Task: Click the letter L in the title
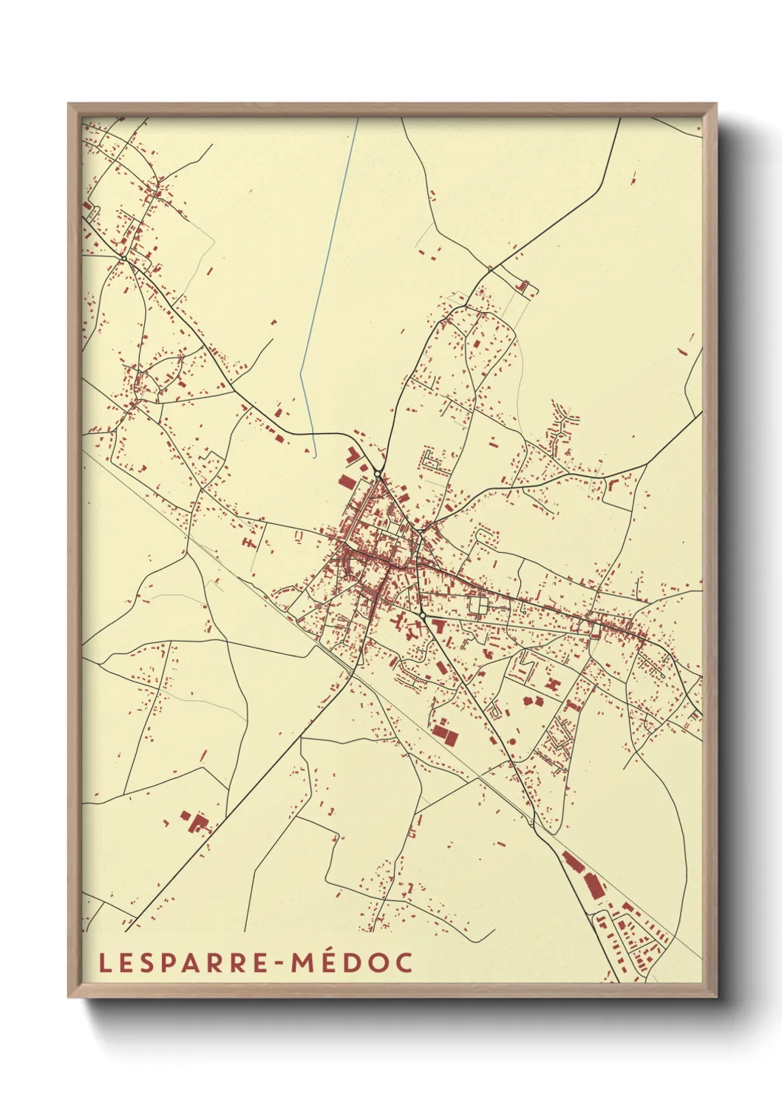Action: click(x=104, y=963)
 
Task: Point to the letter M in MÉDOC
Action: click(x=302, y=963)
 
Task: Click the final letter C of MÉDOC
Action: click(x=404, y=963)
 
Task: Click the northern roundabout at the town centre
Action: click(x=378, y=473)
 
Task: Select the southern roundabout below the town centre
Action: click(x=422, y=615)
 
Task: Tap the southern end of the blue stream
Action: click(x=316, y=457)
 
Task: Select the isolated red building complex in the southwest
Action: click(x=194, y=822)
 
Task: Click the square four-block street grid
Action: click(x=478, y=606)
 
